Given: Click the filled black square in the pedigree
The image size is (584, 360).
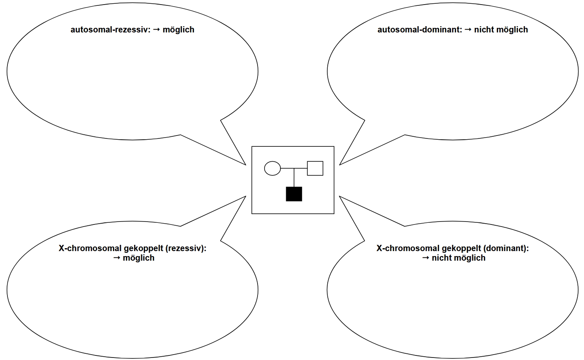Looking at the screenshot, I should click(x=294, y=194).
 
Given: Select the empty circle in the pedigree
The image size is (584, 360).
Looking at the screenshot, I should click(x=272, y=168).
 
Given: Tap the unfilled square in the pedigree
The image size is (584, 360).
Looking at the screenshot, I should click(x=315, y=168).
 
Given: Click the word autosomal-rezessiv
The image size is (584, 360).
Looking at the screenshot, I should click(x=109, y=30).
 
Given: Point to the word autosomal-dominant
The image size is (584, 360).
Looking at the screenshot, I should click(x=420, y=30).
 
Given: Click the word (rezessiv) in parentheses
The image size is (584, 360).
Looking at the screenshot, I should click(x=186, y=249).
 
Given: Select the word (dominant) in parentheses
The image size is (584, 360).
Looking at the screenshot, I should click(x=506, y=249).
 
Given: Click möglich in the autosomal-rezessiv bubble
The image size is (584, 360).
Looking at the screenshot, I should click(x=179, y=30).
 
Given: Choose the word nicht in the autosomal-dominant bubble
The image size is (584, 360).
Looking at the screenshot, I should click(x=484, y=30).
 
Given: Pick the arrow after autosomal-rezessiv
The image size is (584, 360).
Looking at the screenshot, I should click(x=157, y=30).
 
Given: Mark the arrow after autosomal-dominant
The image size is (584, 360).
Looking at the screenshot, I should click(x=468, y=30).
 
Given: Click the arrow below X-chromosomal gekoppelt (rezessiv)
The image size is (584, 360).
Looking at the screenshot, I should click(x=117, y=258).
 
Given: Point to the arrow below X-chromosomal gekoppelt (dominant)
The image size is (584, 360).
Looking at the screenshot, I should click(x=426, y=258).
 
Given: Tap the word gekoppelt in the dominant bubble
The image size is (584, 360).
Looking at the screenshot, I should click(x=461, y=249).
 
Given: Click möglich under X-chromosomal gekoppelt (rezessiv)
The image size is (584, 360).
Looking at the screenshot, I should click(x=139, y=258).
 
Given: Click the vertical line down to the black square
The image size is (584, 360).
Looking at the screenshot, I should click(x=294, y=178).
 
